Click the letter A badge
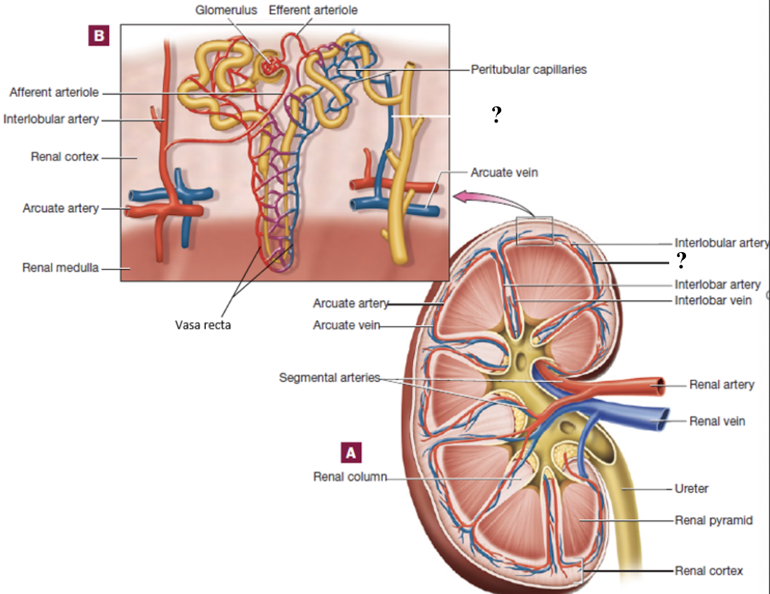click(x=351, y=453)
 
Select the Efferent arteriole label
click(x=313, y=11)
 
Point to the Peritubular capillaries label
click(x=528, y=69)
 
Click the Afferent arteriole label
click(x=54, y=92)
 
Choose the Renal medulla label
click(x=61, y=267)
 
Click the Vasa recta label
click(x=202, y=324)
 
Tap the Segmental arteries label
click(x=329, y=378)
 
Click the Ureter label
click(x=691, y=488)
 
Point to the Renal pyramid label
click(x=713, y=520)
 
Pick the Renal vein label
click(x=717, y=421)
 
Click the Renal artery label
click(x=722, y=385)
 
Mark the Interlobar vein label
click(x=713, y=300)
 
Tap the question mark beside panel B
click(x=496, y=116)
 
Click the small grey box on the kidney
click(x=535, y=230)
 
